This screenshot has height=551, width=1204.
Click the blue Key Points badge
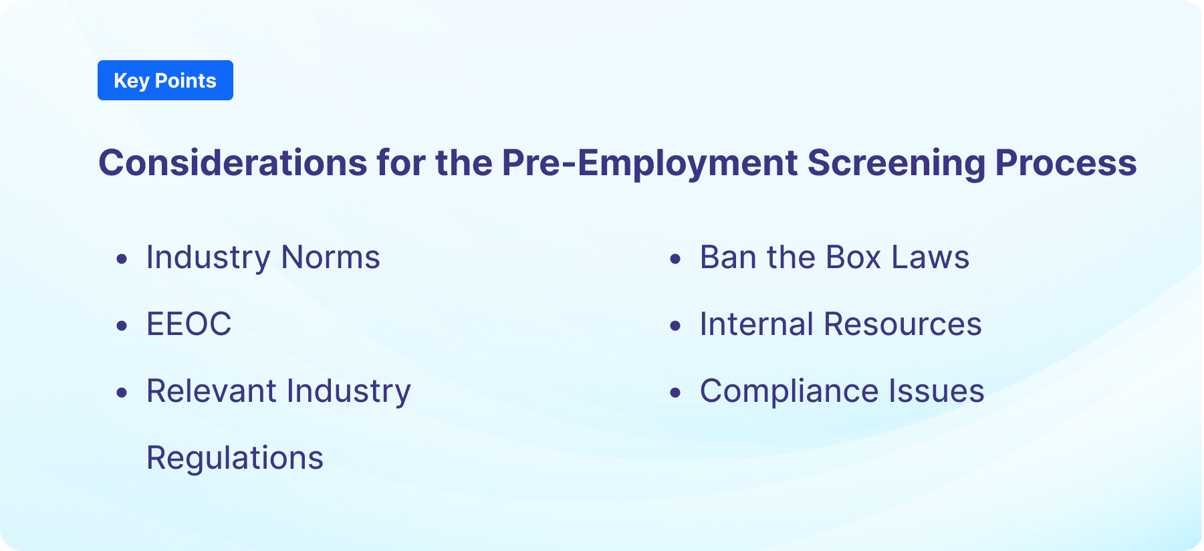(x=165, y=80)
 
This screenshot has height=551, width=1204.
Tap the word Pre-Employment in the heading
(x=649, y=162)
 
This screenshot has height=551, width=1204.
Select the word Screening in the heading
(x=896, y=162)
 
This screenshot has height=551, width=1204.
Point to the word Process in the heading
(x=1066, y=162)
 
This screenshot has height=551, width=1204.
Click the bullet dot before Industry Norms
(x=122, y=259)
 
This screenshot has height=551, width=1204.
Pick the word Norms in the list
(x=330, y=257)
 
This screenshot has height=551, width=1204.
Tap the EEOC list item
(x=189, y=324)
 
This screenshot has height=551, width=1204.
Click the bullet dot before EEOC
(x=122, y=326)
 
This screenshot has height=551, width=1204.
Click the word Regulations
(x=235, y=459)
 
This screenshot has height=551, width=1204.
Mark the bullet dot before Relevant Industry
(x=122, y=393)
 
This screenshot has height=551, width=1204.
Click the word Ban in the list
(x=728, y=257)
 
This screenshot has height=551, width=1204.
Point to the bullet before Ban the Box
(x=675, y=259)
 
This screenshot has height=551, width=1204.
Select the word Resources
(x=902, y=324)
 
